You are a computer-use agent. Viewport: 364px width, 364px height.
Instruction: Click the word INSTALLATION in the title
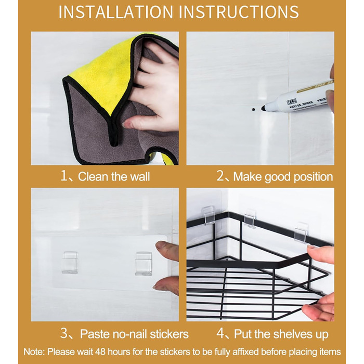pos(115,12)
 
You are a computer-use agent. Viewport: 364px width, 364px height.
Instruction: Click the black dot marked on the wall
pos(253,109)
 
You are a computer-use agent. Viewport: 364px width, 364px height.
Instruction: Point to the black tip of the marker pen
pos(264,108)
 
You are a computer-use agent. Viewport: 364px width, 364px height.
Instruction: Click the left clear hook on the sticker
pos(70,262)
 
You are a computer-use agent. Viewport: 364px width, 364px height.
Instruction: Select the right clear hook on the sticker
pos(143,264)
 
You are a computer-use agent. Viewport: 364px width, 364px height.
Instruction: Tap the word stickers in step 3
pos(169,334)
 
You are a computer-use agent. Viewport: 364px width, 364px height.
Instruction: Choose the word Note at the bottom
pos(33,352)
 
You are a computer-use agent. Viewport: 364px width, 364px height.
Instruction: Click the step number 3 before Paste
pos(63,333)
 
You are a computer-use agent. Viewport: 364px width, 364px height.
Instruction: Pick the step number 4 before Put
pos(220,334)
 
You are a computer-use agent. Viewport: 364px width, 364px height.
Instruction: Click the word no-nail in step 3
pos(130,334)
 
